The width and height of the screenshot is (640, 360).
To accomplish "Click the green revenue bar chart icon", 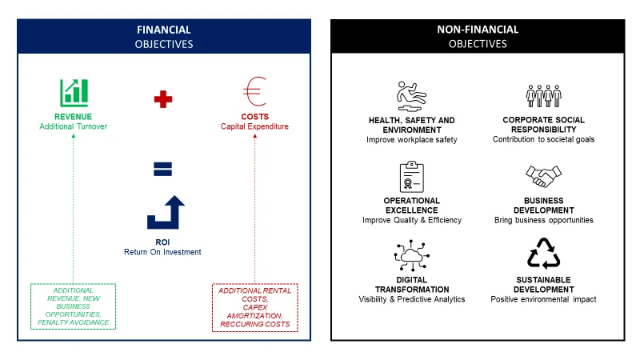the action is coord(74,93).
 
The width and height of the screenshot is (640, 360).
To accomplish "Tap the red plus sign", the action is coord(163,99).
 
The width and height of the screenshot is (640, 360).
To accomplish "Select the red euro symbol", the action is coord(254,91).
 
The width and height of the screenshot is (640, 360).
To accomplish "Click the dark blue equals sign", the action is coord(162,169).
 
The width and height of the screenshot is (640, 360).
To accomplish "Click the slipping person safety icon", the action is coord(411,96).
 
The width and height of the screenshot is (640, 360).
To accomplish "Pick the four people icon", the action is coord(544,96).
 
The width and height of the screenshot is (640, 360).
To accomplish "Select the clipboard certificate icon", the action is coord(411,177).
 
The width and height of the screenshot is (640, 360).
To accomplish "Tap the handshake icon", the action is coord(544,176).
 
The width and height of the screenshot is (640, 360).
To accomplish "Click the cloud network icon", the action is coord(411,256).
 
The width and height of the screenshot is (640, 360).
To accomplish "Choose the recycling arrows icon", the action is coord(544,254).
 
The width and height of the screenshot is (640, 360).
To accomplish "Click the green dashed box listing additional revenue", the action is coord(73,306).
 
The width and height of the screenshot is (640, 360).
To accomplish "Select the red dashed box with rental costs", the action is coord(254,307).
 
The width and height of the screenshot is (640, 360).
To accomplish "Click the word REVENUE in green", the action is coord(73,117).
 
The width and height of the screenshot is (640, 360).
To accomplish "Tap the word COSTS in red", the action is coord(254,117).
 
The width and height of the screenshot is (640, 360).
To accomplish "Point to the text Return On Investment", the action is coord(162,252).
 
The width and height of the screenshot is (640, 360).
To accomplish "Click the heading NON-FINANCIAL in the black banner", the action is coord(478,30).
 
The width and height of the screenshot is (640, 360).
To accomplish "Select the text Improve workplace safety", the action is coord(411,139).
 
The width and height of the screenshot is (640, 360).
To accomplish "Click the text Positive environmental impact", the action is coord(543,299).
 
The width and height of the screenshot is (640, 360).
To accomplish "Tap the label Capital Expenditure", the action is coord(254,126).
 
